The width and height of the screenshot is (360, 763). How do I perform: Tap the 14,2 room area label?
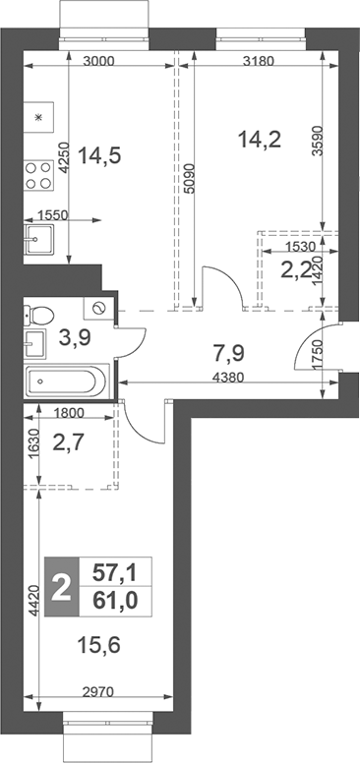pos(261,139)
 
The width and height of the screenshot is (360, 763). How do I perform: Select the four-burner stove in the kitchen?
pos(39,174)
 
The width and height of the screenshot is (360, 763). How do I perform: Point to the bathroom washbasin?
pos(34,345)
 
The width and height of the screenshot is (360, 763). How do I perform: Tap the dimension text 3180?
pos(259,61)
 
